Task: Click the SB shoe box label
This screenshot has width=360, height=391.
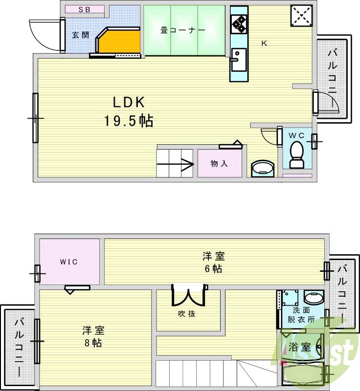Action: pos(85,9)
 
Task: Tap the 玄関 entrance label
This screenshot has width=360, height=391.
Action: pos(81,35)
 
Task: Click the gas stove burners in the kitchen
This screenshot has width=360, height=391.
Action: pos(239,23)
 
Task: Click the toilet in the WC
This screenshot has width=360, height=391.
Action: pos(296,154)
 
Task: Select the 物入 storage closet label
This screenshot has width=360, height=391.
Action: pos(219,164)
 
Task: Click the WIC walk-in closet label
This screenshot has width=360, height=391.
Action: pos(69,261)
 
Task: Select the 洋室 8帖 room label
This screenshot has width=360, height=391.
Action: pos(92,336)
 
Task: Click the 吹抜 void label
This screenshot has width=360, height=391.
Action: pos(186,314)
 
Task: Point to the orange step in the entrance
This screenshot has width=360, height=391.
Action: pos(117,41)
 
